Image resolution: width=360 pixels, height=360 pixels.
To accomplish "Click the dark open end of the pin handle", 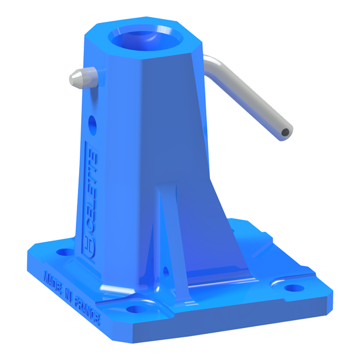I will tap(286, 131).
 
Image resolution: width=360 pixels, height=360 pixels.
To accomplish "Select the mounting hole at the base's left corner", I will tap(65, 251).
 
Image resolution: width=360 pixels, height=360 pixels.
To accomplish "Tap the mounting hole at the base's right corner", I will tap(292, 288).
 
